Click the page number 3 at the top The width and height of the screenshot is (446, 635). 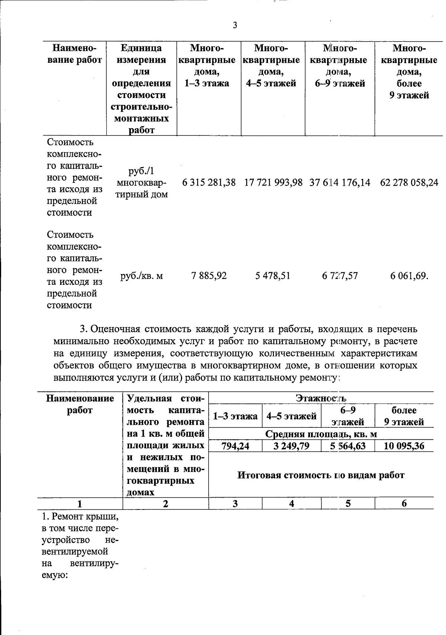pyautogui.click(x=235, y=26)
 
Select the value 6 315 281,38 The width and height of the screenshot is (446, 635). pyautogui.click(x=209, y=183)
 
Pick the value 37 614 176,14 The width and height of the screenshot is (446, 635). pyautogui.click(x=340, y=183)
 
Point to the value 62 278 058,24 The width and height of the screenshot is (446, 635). pyautogui.click(x=409, y=183)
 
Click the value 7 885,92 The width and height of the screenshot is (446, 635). pyautogui.click(x=209, y=276)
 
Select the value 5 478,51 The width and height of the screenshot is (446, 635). pyautogui.click(x=273, y=276)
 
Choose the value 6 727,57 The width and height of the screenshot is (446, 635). pyautogui.click(x=340, y=276)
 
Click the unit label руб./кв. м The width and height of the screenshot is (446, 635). pyautogui.click(x=142, y=276)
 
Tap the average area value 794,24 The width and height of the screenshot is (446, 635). pyautogui.click(x=235, y=446)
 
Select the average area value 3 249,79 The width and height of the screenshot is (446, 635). pyautogui.click(x=291, y=446)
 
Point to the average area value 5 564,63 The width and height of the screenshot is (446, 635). pyautogui.click(x=348, y=446)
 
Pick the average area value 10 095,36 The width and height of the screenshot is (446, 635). pyautogui.click(x=404, y=446)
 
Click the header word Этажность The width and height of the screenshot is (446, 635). pyautogui.click(x=321, y=398)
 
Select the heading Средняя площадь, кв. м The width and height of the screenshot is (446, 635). pyautogui.click(x=321, y=434)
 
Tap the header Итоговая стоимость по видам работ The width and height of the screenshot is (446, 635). pyautogui.click(x=321, y=475)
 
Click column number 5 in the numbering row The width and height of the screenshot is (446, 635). pyautogui.click(x=348, y=504)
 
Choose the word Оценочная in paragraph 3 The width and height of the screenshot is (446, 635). pyautogui.click(x=115, y=329)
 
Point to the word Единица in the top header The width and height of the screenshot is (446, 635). pyautogui.click(x=142, y=48)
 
